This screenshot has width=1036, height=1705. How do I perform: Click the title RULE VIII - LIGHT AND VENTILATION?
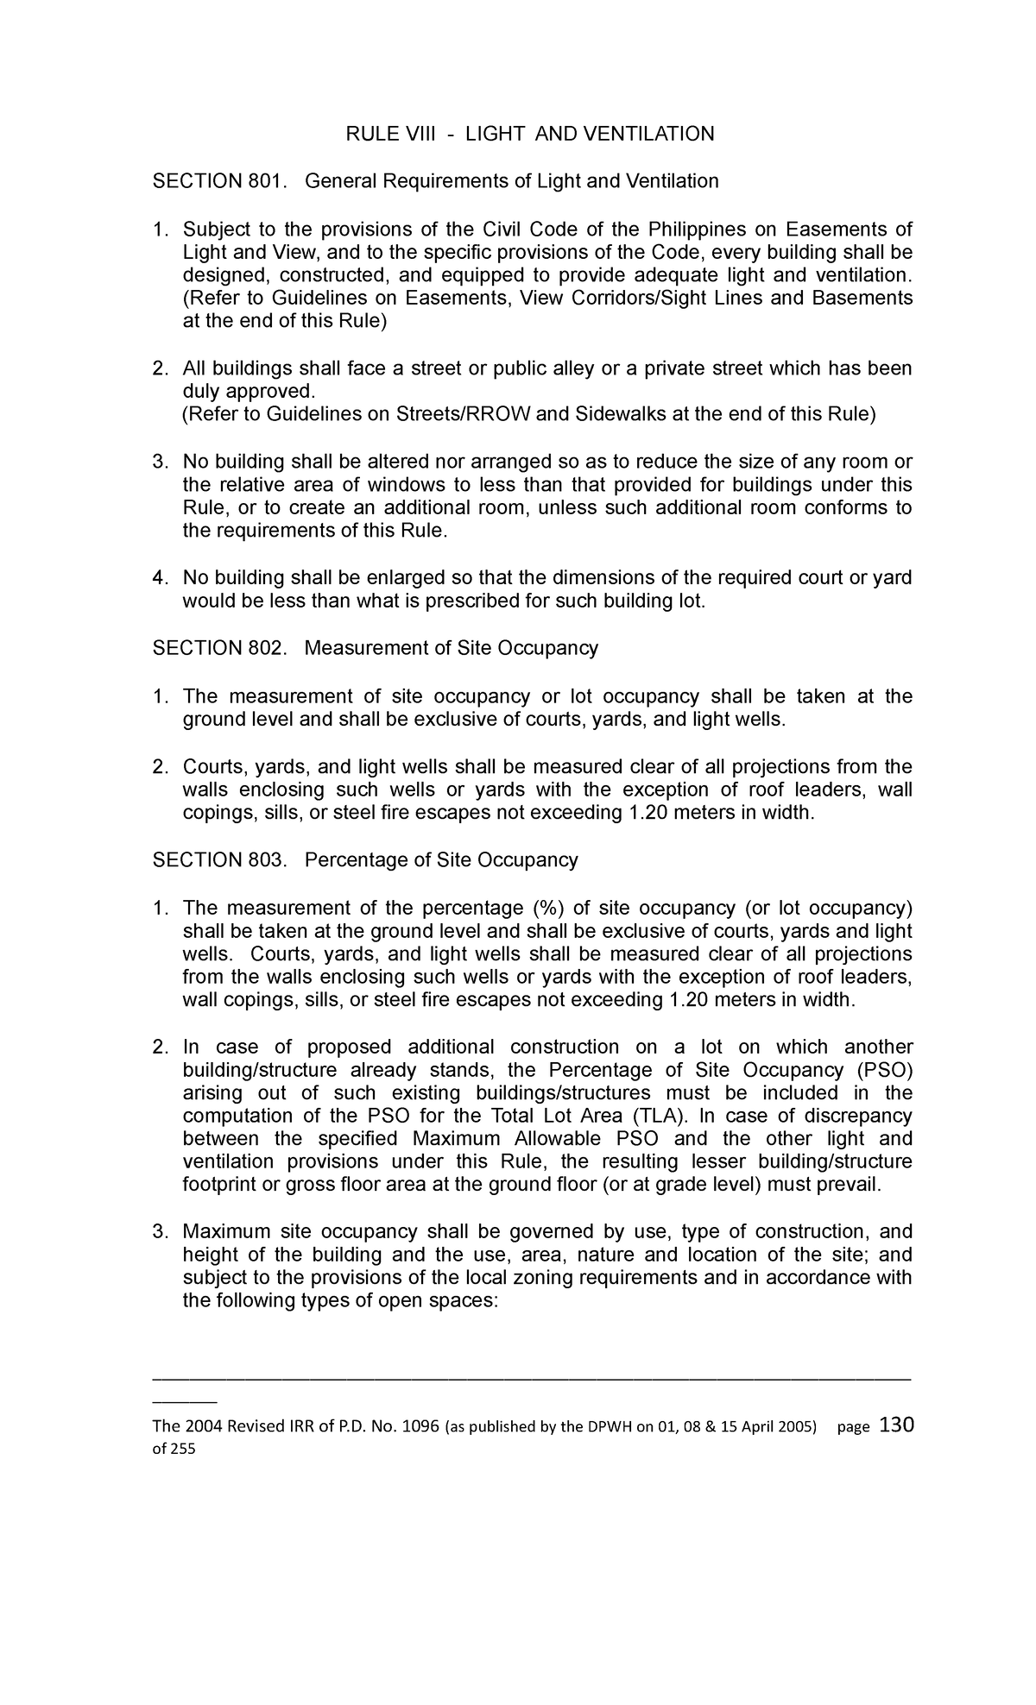click(x=530, y=134)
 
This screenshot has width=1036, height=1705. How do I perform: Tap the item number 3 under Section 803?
click(x=159, y=1232)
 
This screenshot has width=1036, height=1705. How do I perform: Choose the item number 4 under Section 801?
click(x=159, y=577)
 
